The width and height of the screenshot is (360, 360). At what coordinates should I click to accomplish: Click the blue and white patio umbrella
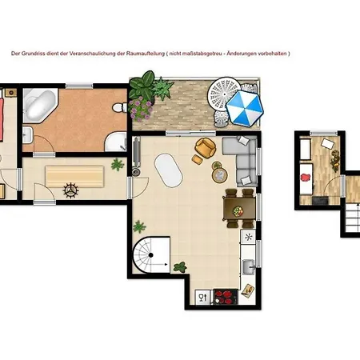[x=245, y=108]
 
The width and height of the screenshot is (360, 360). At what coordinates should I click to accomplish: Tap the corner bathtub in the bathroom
[x=39, y=105]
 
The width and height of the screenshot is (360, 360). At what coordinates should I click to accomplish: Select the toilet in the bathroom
[x=120, y=107]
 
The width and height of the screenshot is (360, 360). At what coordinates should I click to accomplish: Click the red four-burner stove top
[x=226, y=297]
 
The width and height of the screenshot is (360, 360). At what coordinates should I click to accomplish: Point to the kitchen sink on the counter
[x=249, y=266]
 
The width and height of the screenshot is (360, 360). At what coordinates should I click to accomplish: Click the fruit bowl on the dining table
[x=238, y=211]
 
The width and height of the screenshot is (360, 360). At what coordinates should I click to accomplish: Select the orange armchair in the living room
[x=206, y=147]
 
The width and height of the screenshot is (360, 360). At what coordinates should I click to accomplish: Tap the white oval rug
[x=169, y=170]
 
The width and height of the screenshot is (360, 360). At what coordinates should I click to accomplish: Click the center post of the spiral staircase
[x=150, y=255]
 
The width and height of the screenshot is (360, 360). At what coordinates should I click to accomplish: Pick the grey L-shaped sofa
[x=241, y=161]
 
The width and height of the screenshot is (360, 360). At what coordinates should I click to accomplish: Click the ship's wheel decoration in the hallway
[x=70, y=190]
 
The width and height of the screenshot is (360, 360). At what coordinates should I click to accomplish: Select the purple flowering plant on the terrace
[x=140, y=109]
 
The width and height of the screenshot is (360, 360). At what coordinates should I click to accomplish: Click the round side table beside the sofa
[x=220, y=175]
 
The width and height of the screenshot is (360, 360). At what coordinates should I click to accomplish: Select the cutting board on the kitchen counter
[x=248, y=290]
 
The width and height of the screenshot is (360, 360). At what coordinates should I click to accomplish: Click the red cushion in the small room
[x=306, y=177]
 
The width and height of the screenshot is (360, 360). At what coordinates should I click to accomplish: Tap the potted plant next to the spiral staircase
[x=180, y=267]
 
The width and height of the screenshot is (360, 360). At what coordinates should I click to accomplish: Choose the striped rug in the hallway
[x=74, y=176]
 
